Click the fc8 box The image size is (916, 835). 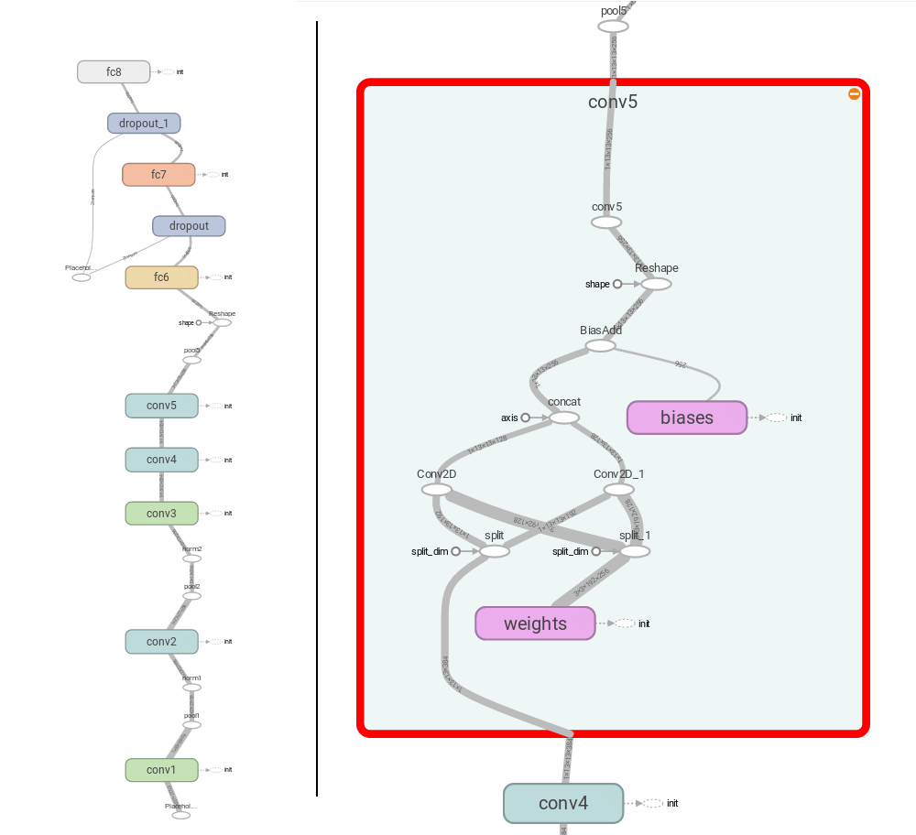pyautogui.click(x=114, y=71)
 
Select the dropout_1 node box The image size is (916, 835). pyautogui.click(x=144, y=123)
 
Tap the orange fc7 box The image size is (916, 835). pyautogui.click(x=158, y=174)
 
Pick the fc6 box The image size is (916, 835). pyautogui.click(x=161, y=277)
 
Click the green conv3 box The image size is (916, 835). pyautogui.click(x=161, y=513)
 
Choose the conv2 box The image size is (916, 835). pyautogui.click(x=161, y=641)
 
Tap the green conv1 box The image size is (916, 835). pyautogui.click(x=161, y=769)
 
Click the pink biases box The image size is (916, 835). pyautogui.click(x=686, y=417)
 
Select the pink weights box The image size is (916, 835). pyautogui.click(x=535, y=624)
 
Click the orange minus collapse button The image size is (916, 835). pyautogui.click(x=854, y=93)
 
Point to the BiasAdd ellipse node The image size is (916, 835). pyautogui.click(x=600, y=346)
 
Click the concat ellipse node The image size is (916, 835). pyautogui.click(x=564, y=417)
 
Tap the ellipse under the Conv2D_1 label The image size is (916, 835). pyautogui.click(x=619, y=490)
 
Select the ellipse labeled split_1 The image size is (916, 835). pyautogui.click(x=635, y=551)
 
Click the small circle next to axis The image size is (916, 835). pyautogui.click(x=526, y=417)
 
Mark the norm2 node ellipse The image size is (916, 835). pyautogui.click(x=191, y=558)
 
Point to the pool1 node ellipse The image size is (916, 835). pyautogui.click(x=191, y=724)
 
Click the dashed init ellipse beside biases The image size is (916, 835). pyautogui.click(x=776, y=417)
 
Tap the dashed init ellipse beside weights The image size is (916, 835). pyautogui.click(x=624, y=624)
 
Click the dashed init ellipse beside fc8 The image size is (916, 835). pyautogui.click(x=168, y=71)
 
